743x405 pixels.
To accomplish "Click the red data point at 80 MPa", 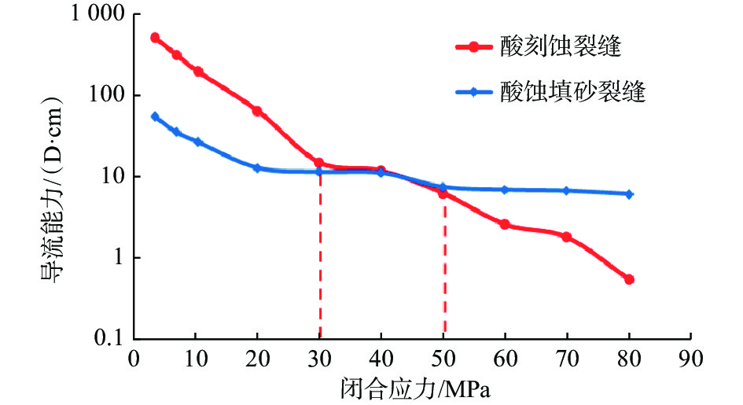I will [x=629, y=279].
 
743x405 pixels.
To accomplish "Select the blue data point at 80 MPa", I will [x=629, y=193].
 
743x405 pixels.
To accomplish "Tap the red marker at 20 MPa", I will [x=257, y=111].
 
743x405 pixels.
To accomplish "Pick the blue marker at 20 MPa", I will [x=257, y=168].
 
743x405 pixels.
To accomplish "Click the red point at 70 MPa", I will [x=566, y=237].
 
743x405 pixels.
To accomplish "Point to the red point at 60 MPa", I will [x=505, y=224].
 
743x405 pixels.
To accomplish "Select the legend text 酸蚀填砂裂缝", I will [x=572, y=92].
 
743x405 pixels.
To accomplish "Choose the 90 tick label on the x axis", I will [x=690, y=359].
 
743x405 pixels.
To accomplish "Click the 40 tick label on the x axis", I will [x=381, y=359].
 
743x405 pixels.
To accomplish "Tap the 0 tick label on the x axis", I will [x=134, y=359].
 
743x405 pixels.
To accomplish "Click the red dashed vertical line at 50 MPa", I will [x=444, y=267].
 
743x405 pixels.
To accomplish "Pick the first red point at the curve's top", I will [x=155, y=38].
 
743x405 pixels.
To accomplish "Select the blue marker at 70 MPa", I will [x=566, y=191].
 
